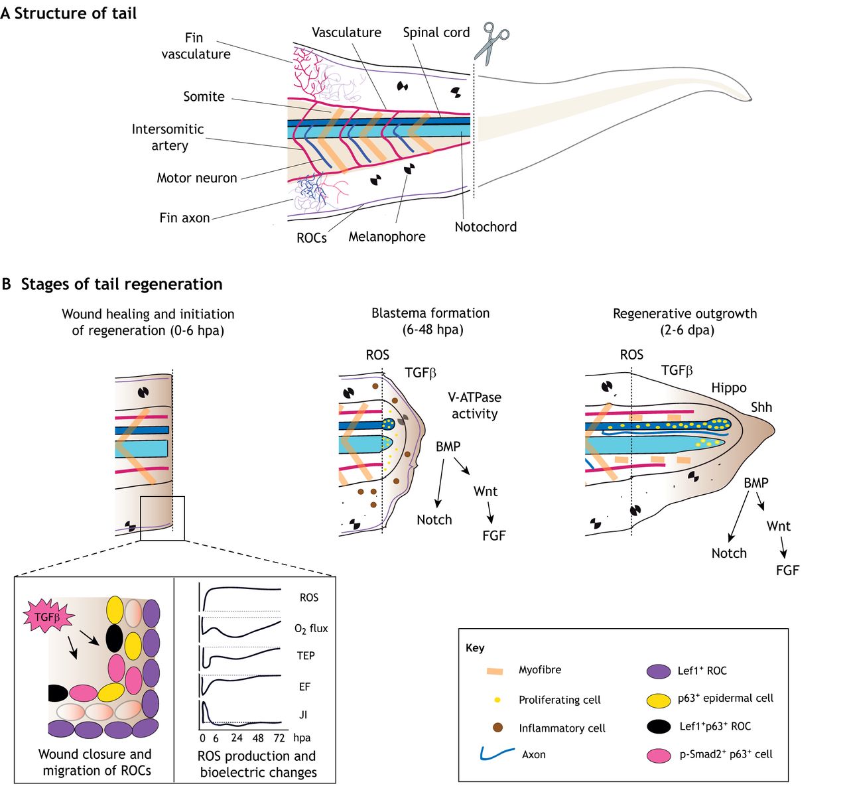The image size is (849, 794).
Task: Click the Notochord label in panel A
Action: click(x=486, y=227)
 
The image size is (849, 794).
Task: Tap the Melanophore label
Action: click(x=387, y=237)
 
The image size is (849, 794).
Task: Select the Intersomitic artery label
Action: click(x=168, y=137)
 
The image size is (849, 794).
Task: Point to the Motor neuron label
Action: click(x=196, y=178)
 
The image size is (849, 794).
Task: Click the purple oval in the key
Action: click(x=658, y=671)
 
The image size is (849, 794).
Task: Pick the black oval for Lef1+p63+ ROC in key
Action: click(x=658, y=726)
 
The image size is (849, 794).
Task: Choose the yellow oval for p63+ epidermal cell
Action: click(x=658, y=699)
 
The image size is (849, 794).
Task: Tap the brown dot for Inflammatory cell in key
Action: click(x=497, y=728)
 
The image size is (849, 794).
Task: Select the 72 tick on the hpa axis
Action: click(x=279, y=738)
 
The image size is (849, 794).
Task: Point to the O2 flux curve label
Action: click(x=310, y=628)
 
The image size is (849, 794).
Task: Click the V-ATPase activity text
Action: click(x=474, y=405)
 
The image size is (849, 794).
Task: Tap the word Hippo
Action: click(x=729, y=388)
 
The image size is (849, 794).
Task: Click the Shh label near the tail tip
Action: click(x=761, y=407)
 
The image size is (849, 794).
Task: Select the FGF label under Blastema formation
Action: click(x=493, y=535)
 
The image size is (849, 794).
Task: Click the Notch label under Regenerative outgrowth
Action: click(x=729, y=553)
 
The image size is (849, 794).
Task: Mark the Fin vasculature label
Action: click(x=196, y=46)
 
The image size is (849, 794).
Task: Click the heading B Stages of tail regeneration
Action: click(x=112, y=285)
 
